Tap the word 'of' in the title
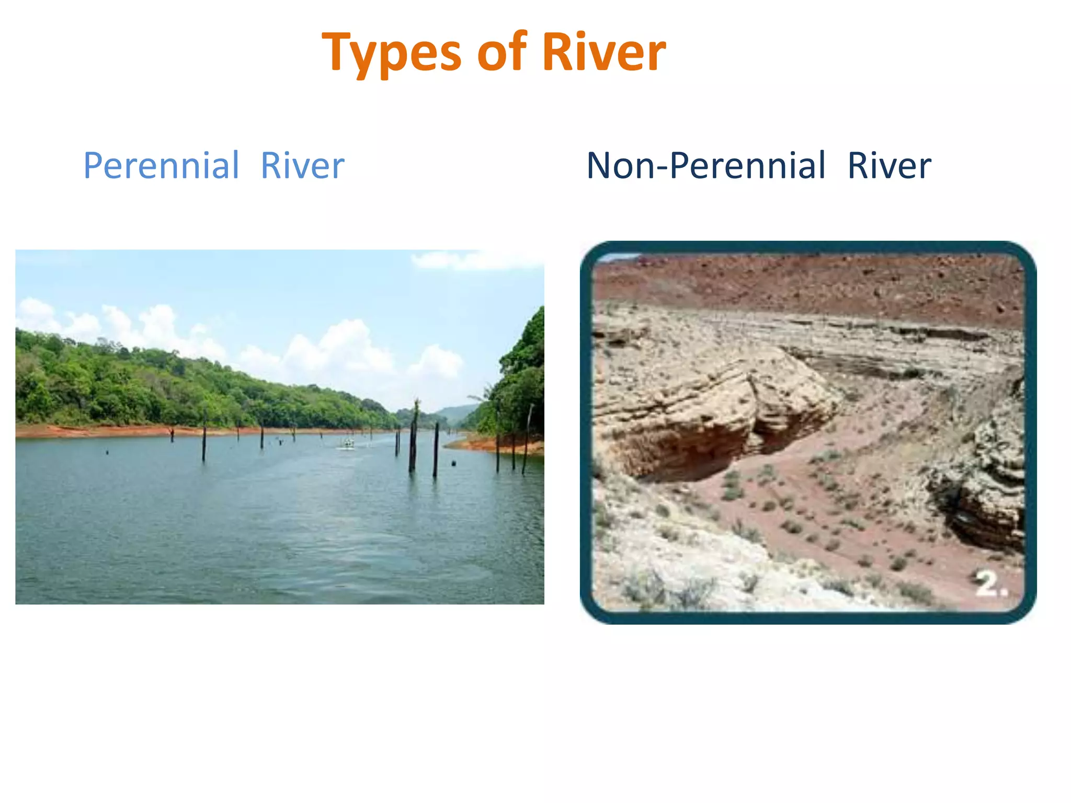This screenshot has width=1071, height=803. (502, 52)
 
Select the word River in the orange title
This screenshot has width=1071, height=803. (604, 52)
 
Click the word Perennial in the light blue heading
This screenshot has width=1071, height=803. (161, 166)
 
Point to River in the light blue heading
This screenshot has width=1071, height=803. (302, 166)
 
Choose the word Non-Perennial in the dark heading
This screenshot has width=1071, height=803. (706, 166)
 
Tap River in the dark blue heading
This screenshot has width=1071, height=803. (889, 166)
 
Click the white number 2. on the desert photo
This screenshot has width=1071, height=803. (992, 584)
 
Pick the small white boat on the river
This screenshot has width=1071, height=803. (346, 445)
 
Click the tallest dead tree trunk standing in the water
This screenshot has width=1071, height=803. (414, 437)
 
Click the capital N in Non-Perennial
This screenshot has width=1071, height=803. (601, 166)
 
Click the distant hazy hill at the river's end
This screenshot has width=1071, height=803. (455, 413)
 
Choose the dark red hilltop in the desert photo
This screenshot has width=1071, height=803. (811, 282)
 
